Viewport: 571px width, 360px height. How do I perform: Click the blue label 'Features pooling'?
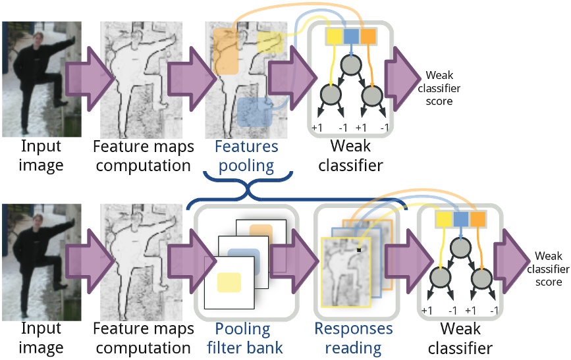246,156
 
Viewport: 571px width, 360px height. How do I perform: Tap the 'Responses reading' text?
353,338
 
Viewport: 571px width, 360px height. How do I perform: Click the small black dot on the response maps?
359,249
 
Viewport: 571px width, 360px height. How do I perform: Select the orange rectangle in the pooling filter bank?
261,233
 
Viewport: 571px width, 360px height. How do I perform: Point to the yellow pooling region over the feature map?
269,43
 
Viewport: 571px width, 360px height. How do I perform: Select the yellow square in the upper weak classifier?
334,36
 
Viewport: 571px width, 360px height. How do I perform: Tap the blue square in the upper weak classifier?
351,36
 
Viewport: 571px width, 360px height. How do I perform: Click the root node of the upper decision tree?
351,65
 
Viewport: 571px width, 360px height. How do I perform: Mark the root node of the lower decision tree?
461,247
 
